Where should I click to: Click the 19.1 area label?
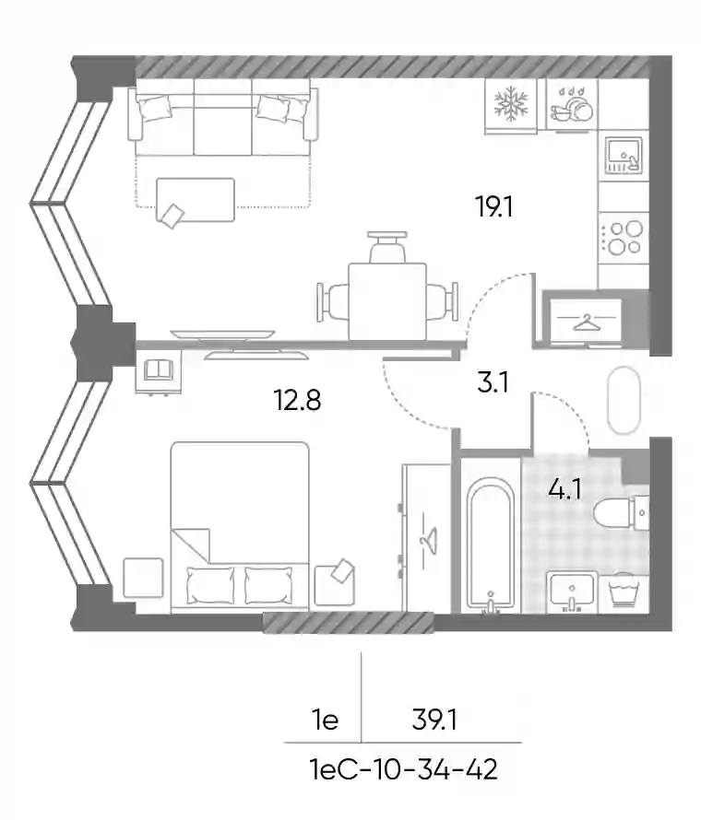pyautogui.click(x=493, y=206)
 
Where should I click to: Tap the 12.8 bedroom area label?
pyautogui.click(x=297, y=401)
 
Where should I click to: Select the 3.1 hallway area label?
pyautogui.click(x=493, y=382)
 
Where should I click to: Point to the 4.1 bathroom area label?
pyautogui.click(x=564, y=489)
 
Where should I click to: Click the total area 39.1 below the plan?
pyautogui.click(x=434, y=720)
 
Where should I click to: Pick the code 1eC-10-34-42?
pyautogui.click(x=404, y=770)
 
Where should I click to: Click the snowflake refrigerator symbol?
pyautogui.click(x=511, y=105)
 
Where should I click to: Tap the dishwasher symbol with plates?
pyautogui.click(x=572, y=105)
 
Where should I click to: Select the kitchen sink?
pyautogui.click(x=624, y=156)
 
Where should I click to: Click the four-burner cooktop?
pyautogui.click(x=624, y=238)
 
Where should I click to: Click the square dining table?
pyautogui.click(x=387, y=302)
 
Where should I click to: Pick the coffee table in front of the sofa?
pyautogui.click(x=196, y=200)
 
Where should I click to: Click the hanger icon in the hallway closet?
pyautogui.click(x=587, y=322)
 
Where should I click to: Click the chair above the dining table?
pyautogui.click(x=387, y=247)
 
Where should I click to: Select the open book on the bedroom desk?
pyautogui.click(x=159, y=369)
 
